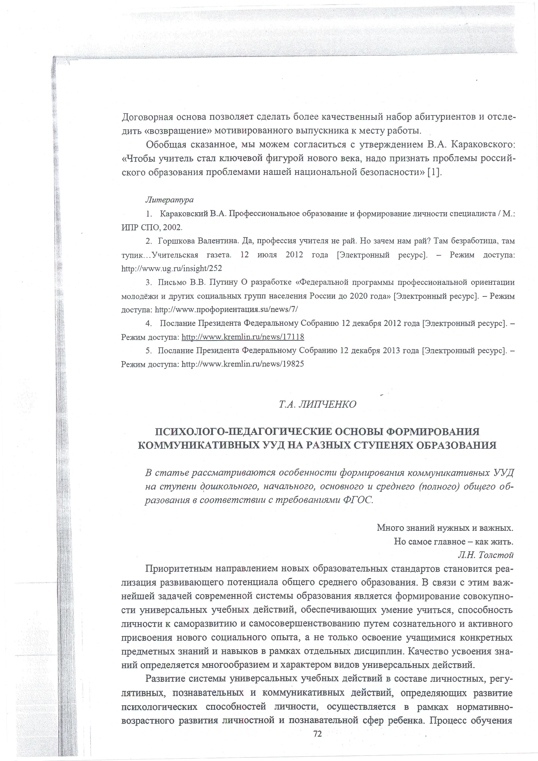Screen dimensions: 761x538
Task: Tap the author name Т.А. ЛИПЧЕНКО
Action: (317, 404)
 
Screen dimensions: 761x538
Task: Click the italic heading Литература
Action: (169, 200)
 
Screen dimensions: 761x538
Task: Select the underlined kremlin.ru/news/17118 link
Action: (243, 337)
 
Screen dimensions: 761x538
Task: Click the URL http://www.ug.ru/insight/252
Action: (172, 268)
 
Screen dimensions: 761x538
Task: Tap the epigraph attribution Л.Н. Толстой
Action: (485, 555)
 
